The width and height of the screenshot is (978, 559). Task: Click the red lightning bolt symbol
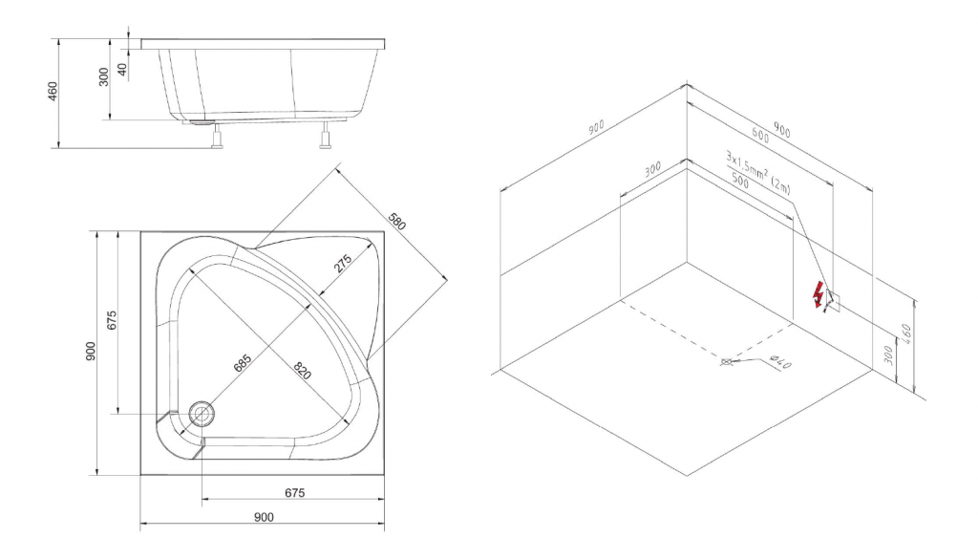coord(818,294)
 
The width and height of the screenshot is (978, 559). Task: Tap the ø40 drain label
coord(780,361)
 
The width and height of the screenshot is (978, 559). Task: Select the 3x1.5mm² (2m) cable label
coord(757,172)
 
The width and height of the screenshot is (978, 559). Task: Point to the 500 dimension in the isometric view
coord(739,181)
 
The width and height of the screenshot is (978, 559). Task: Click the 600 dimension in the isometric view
coord(759,135)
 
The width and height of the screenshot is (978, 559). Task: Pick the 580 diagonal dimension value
coord(396,222)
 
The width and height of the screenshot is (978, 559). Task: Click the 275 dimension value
coord(343,264)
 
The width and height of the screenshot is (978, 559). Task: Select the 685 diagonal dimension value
coord(242,362)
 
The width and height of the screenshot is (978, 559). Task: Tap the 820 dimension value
coord(302,371)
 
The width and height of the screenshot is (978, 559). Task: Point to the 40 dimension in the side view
coord(123,69)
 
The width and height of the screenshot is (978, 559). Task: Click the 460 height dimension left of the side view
coord(53,91)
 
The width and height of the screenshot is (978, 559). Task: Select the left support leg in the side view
coord(217,136)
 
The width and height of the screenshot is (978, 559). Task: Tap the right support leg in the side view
coord(325,135)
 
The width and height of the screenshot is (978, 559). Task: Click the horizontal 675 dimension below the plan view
coord(294,493)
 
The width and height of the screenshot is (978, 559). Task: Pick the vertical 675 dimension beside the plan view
coord(112,320)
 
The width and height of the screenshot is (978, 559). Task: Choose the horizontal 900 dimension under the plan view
coord(264,517)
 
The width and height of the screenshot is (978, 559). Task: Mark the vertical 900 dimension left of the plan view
coord(91,352)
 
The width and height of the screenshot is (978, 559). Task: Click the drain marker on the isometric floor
coord(726,362)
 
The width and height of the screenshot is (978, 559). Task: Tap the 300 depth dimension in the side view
coord(104,76)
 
